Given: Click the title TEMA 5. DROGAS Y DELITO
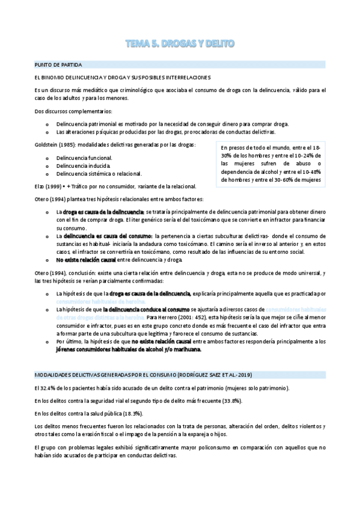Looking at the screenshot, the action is [180, 43].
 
